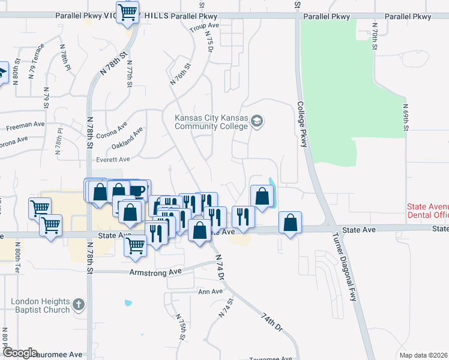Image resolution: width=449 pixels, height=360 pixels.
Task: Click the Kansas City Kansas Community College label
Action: click(211, 122)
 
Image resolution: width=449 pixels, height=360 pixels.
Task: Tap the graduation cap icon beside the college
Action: click(257, 122)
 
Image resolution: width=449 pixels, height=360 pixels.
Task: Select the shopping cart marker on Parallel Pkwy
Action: click(127, 12)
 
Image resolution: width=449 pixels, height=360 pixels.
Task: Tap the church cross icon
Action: click(79, 305)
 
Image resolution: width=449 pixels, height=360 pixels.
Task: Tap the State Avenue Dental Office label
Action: click(428, 211)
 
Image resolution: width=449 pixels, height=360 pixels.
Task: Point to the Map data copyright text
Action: click(424, 355)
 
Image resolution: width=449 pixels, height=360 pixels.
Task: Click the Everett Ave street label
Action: click(113, 160)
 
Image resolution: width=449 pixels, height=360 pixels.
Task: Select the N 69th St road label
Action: click(406, 116)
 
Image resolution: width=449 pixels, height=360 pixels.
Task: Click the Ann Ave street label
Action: click(210, 292)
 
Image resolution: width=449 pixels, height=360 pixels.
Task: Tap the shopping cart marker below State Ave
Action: click(136, 244)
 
